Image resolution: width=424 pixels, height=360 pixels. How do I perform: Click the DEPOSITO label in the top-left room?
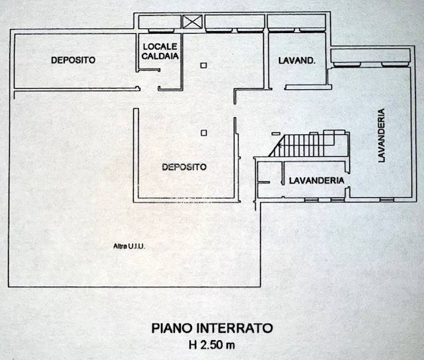(x=73, y=60)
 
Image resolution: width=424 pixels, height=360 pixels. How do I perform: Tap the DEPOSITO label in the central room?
(x=184, y=167)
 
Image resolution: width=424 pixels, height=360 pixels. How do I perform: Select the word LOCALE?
(x=160, y=47)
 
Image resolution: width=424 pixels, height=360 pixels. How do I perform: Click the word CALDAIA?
(x=160, y=57)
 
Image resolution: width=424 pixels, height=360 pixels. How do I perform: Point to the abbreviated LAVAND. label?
(x=296, y=60)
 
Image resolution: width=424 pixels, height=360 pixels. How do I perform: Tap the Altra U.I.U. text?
(x=129, y=247)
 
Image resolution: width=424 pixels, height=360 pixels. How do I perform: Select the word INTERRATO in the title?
(x=236, y=328)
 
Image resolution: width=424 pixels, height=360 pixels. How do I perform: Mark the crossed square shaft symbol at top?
(x=191, y=22)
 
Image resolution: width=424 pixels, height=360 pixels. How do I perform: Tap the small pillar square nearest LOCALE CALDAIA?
(x=203, y=64)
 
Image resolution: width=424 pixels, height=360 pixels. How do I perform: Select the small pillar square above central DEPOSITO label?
(x=203, y=132)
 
